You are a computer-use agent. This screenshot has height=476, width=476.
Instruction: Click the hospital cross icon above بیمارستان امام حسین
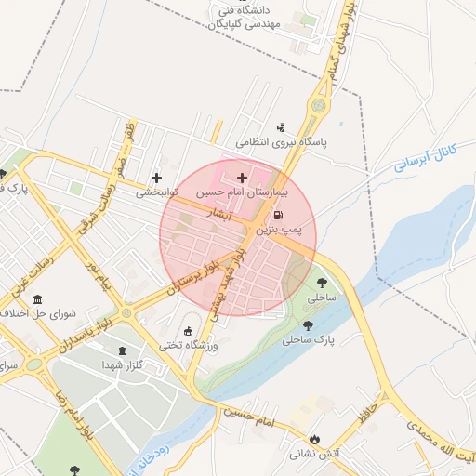(243, 177)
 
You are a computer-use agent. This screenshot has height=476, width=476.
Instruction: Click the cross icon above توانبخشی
(155, 178)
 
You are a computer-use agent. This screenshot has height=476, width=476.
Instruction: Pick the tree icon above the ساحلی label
(322, 283)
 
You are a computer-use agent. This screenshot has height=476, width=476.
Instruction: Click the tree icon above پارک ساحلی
(308, 326)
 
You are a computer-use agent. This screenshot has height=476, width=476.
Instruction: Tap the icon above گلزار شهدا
(121, 350)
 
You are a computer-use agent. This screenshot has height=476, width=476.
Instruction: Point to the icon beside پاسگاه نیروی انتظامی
(281, 127)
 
